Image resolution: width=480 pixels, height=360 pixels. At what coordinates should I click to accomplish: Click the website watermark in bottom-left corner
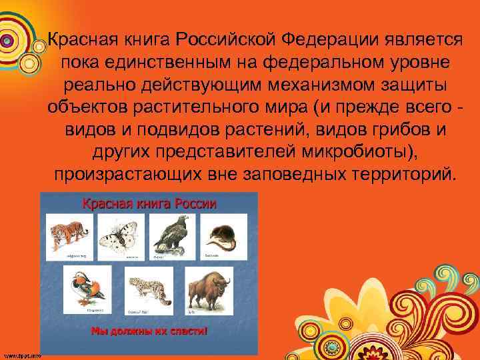pos(21,355)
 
